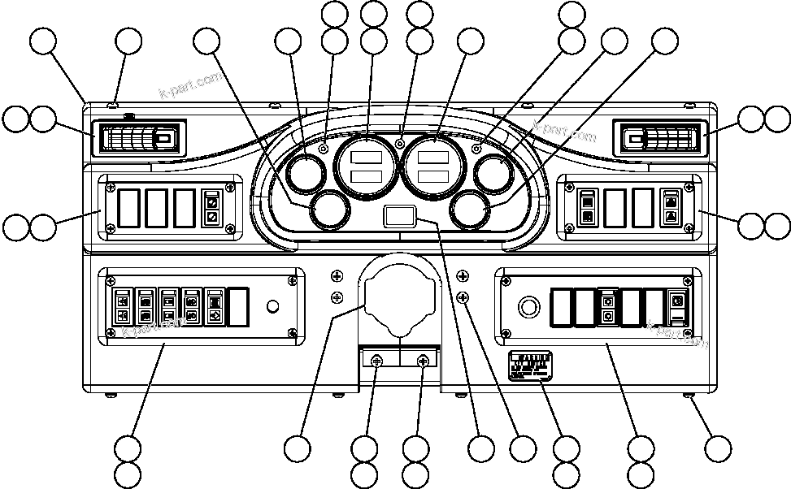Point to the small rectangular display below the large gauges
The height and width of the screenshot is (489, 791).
tap(399, 216)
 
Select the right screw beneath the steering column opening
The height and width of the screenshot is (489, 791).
tap(423, 361)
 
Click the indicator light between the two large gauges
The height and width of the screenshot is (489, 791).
tap(399, 144)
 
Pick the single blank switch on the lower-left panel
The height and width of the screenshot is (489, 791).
tap(237, 306)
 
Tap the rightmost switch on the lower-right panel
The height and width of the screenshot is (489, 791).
tap(677, 306)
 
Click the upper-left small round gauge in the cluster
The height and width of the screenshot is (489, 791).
tap(306, 173)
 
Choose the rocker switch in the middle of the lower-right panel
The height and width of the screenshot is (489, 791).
tap(607, 306)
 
